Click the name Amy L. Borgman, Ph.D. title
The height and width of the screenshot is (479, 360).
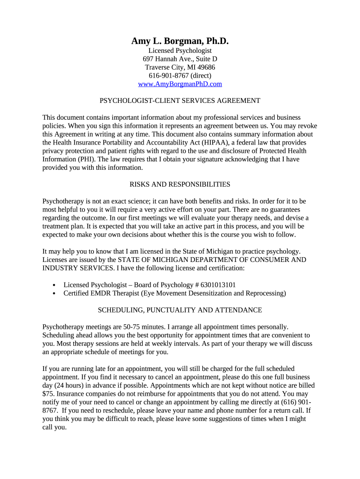(x=180, y=42)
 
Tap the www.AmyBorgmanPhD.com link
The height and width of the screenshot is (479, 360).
(x=180, y=84)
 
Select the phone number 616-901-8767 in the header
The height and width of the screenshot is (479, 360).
(x=168, y=76)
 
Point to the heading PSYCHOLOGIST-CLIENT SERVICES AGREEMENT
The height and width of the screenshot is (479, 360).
(x=180, y=101)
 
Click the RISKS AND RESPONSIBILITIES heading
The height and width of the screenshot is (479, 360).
(x=180, y=184)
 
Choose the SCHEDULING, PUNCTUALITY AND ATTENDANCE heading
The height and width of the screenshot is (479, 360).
(x=180, y=310)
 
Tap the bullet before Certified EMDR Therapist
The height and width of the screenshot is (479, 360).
(x=54, y=294)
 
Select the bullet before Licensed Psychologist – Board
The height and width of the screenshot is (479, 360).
(x=54, y=285)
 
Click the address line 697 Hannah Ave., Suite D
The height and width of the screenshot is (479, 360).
(x=180, y=59)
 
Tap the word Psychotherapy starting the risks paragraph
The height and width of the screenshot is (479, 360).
(x=64, y=201)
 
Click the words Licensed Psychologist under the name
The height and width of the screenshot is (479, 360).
(x=180, y=51)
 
